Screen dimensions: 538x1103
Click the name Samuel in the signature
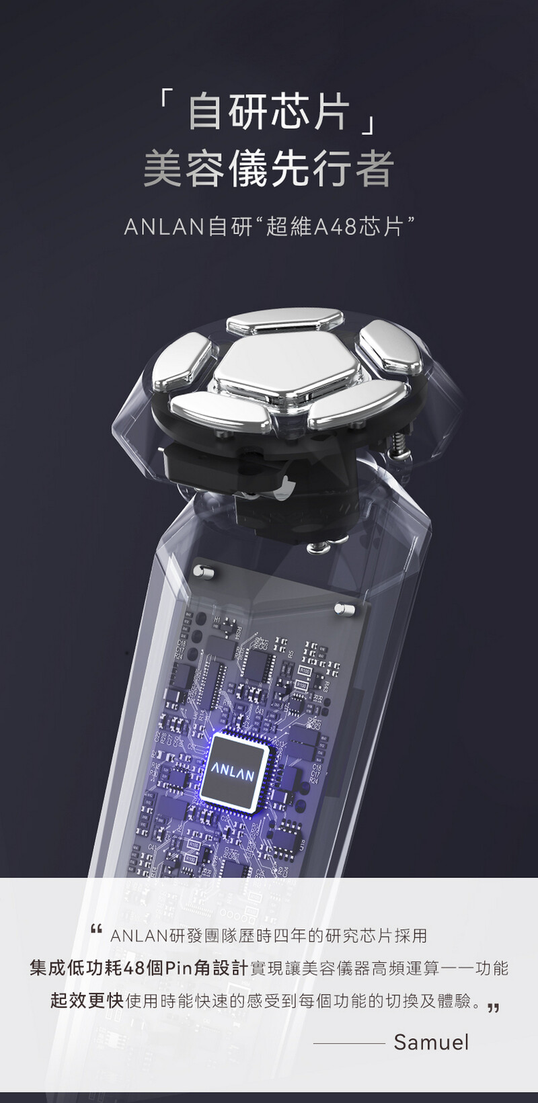tap(431, 1042)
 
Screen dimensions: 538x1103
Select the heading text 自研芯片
tap(268, 112)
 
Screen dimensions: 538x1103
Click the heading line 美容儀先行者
tap(268, 169)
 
